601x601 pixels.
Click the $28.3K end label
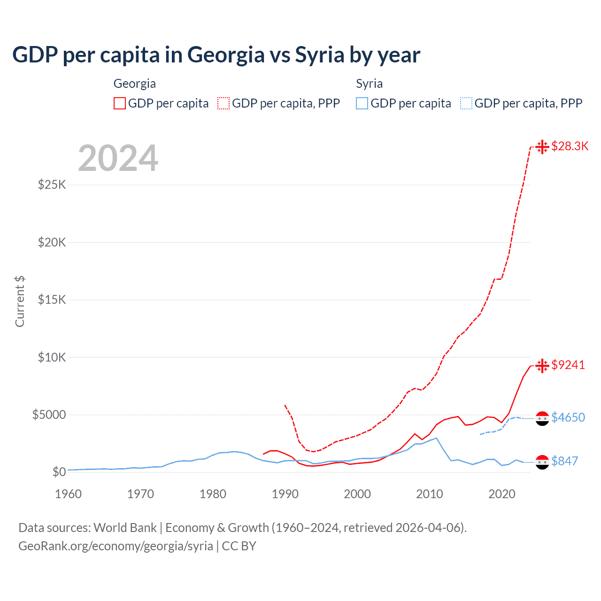570,146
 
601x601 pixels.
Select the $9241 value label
568,365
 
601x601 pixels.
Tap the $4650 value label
568,417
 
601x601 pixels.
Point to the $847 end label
564,461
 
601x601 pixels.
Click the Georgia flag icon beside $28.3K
542,146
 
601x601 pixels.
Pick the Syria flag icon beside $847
542,462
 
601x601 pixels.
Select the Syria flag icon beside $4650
542,418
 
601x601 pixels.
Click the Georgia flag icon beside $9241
542,365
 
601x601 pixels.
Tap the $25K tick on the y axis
52,185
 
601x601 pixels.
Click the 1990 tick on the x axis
285,494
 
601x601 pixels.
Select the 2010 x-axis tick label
430,494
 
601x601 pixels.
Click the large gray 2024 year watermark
118,158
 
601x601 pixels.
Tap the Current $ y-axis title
20,301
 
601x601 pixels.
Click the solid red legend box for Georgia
120,103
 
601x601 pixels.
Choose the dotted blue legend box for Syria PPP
466,103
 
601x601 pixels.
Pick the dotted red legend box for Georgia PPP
223,103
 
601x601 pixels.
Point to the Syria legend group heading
369,84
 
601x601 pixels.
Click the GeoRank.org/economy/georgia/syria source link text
116,546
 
